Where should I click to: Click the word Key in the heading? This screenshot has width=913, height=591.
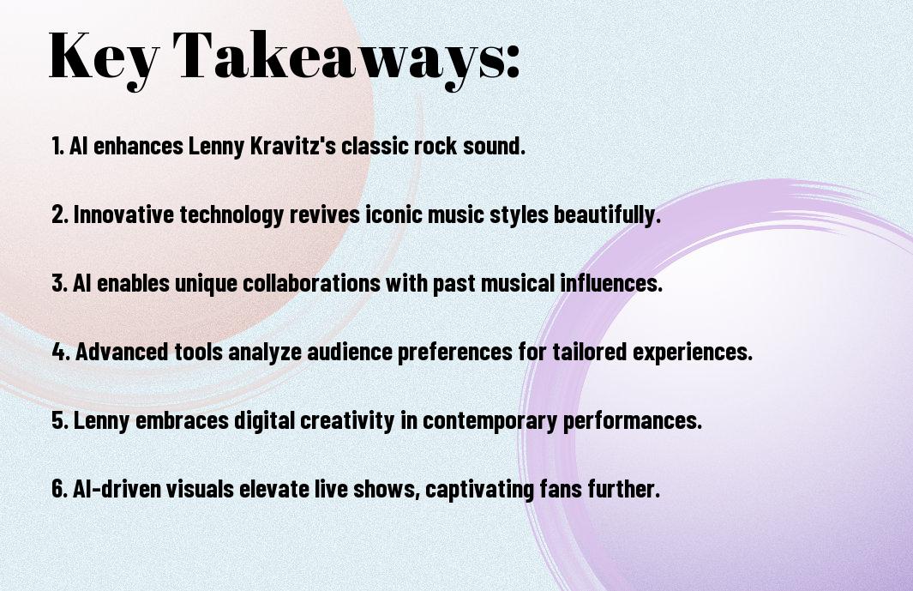(105, 58)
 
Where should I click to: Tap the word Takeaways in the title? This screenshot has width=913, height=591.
(339, 58)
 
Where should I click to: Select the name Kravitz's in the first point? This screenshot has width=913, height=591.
(293, 146)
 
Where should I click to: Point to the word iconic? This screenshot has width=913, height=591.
(394, 214)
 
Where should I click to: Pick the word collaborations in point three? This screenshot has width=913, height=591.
(311, 283)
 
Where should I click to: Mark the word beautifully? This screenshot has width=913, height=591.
(607, 214)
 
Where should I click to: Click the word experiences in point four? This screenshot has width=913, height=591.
(693, 352)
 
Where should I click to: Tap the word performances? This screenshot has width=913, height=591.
(633, 420)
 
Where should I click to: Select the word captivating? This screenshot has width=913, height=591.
(479, 489)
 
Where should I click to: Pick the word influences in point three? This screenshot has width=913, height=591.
(611, 283)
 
